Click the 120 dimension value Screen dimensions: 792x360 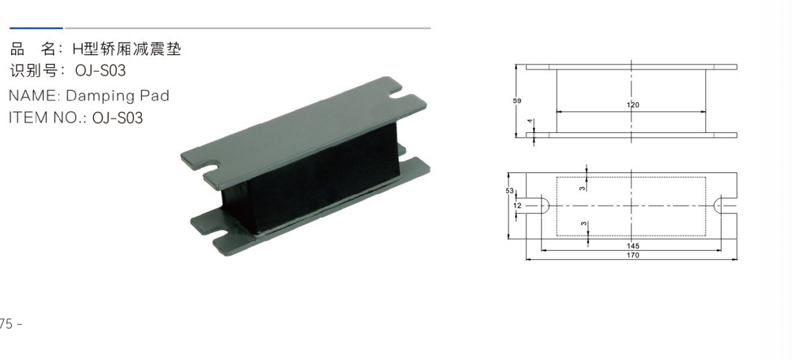click(633, 105)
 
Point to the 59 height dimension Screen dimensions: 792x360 click(517, 101)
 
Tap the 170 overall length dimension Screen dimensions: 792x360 click(633, 255)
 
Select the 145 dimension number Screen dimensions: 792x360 click(633, 245)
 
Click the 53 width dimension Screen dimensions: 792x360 click(510, 191)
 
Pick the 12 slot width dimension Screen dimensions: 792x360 click(517, 205)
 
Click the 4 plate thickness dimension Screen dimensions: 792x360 click(530, 121)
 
